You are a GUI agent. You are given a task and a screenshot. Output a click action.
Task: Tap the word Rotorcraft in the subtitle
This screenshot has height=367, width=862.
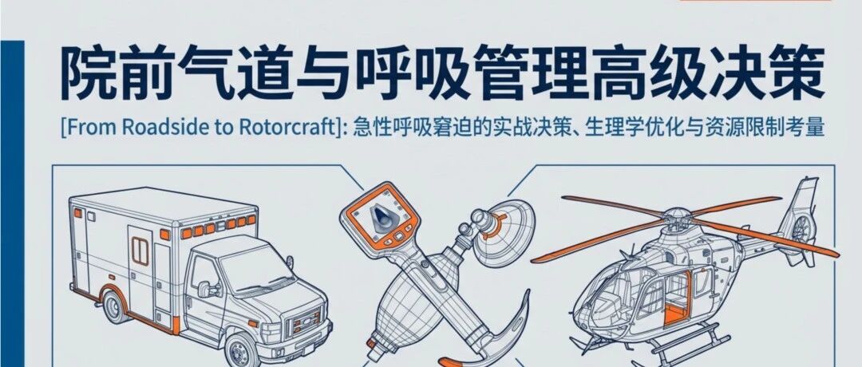pyautogui.click(x=282, y=128)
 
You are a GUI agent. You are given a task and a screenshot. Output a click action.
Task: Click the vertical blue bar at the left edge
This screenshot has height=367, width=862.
pyautogui.click(x=12, y=203)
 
